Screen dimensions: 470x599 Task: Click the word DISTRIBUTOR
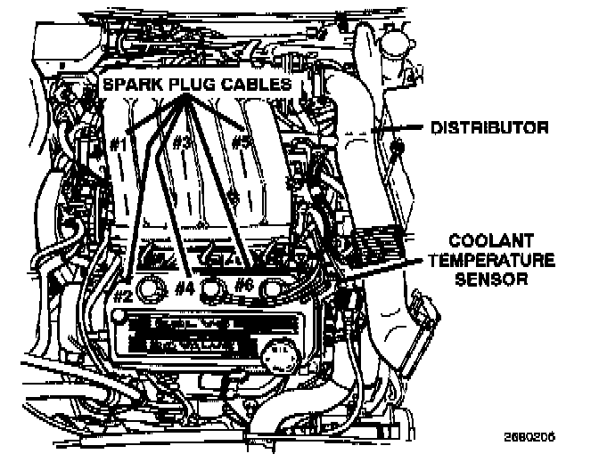488,127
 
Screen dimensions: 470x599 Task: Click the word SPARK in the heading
135,84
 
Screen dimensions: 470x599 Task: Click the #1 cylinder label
122,142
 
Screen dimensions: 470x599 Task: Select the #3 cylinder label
183,142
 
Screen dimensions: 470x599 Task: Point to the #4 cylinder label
184,287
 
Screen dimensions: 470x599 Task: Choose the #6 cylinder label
242,286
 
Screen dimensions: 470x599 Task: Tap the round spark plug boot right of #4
213,288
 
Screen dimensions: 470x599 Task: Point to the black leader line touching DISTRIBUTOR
406,127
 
